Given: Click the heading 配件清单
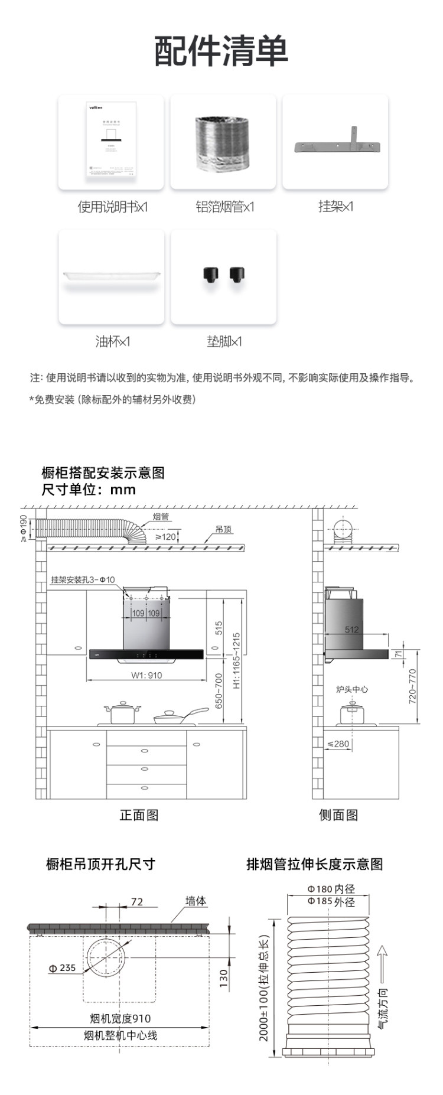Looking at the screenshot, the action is click(221, 51).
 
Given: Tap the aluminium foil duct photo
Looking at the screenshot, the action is click(223, 142).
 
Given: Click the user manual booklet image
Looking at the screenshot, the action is click(111, 141).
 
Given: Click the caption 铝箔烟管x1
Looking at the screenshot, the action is click(224, 207).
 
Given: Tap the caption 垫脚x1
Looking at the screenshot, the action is click(224, 341).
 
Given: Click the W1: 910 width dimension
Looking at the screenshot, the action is click(146, 675).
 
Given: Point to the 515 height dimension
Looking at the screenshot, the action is click(219, 628).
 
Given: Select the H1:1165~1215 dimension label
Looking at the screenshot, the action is click(236, 661).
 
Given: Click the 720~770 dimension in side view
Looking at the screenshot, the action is click(412, 686).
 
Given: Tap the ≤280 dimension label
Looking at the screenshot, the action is click(338, 744).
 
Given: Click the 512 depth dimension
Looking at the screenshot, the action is click(351, 630).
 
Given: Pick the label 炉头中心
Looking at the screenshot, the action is click(352, 689).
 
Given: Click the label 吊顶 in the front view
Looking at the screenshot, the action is click(223, 529).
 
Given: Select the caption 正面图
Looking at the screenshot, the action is click(139, 815).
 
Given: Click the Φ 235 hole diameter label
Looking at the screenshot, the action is click(62, 968).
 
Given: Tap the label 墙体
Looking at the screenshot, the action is click(196, 901).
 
